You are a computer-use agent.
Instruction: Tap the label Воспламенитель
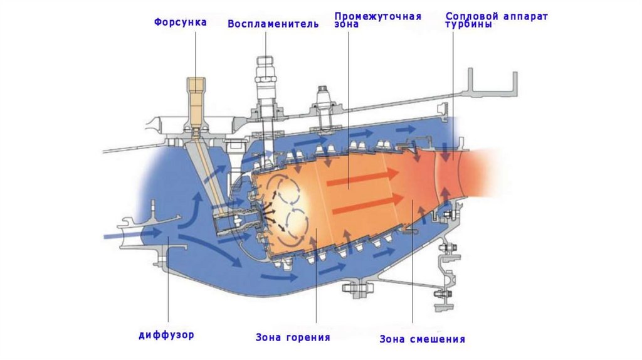coord(273,24)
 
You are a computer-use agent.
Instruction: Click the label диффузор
coord(166,334)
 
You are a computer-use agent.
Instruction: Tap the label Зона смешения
coord(423,339)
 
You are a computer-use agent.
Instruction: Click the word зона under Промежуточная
coord(347,24)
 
